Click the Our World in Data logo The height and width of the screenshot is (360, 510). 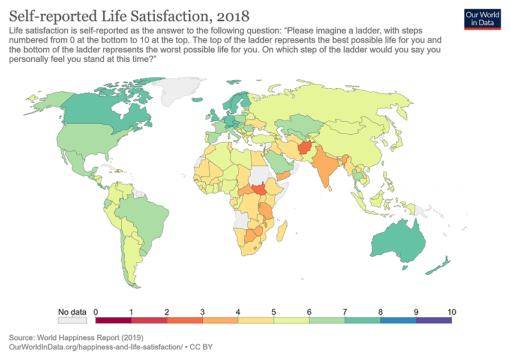tap(482, 18)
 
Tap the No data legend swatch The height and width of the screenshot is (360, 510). tap(72, 320)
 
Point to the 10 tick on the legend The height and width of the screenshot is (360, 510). tap(451, 311)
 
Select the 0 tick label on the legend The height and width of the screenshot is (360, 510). tap(96, 311)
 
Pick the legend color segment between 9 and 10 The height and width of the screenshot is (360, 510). tap(433, 320)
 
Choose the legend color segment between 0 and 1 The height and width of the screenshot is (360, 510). tap(113, 320)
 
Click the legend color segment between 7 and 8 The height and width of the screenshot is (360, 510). tap(362, 320)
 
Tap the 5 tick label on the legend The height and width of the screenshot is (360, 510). tap(274, 311)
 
